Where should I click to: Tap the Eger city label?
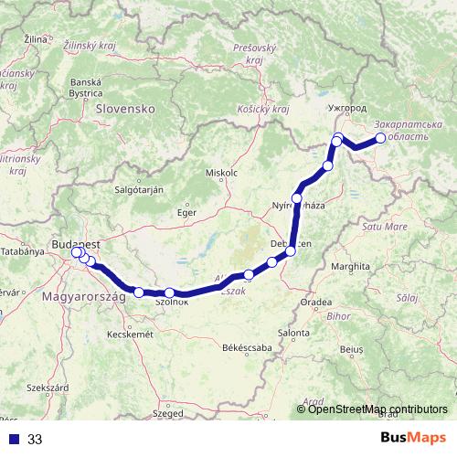[x=186, y=212]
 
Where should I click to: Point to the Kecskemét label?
[x=130, y=335]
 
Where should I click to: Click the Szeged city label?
[x=168, y=413]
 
